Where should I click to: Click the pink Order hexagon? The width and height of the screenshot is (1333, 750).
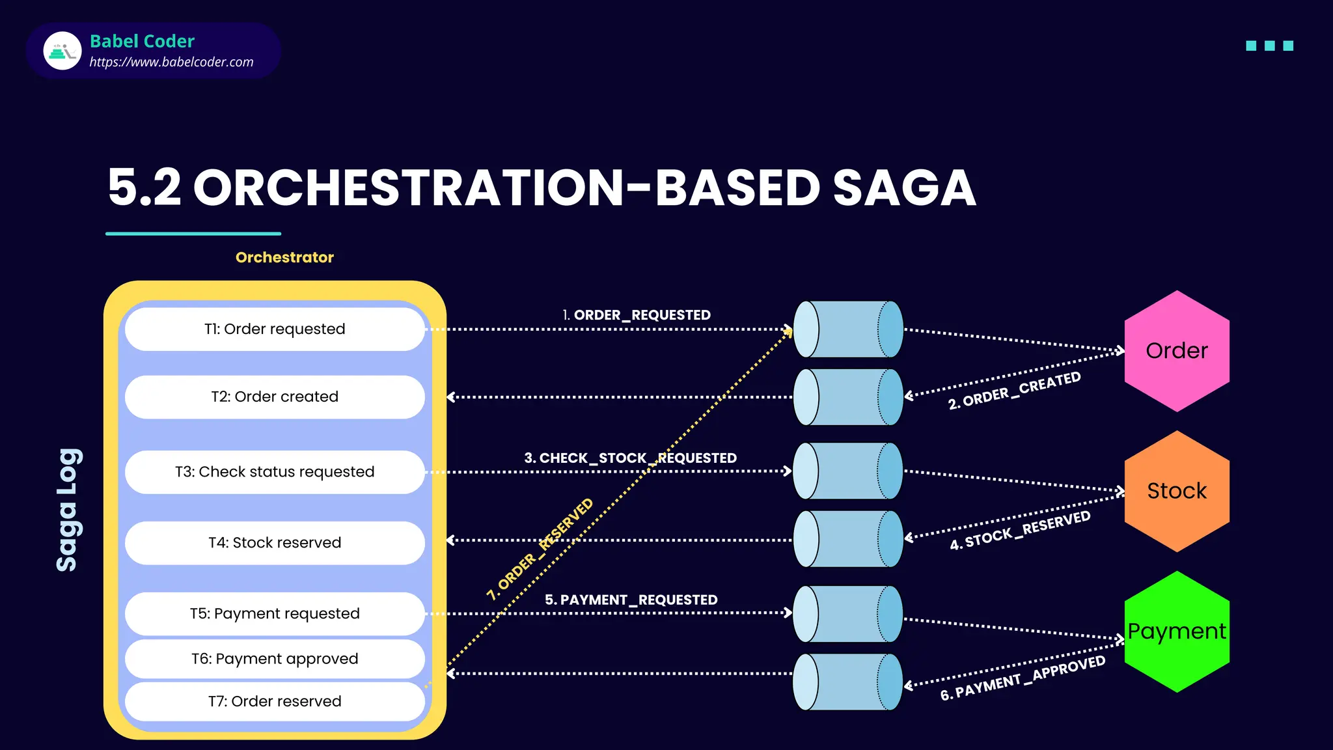tap(1177, 351)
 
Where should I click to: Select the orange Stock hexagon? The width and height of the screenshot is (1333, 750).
tap(1177, 491)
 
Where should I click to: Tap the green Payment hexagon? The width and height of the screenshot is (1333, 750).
tap(1177, 632)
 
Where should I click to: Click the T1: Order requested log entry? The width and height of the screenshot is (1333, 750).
tap(275, 329)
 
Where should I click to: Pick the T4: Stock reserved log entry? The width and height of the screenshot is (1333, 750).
tap(275, 542)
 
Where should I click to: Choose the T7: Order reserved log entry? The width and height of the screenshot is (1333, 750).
tap(275, 701)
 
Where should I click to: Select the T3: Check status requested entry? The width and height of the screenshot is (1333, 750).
tap(275, 471)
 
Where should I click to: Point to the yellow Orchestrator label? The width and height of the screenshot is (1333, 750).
tap(284, 257)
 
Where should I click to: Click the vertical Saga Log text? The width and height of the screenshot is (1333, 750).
tap(68, 510)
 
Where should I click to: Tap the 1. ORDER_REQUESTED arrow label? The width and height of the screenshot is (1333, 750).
tap(636, 315)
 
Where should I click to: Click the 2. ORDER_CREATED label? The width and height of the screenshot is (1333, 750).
tap(1014, 391)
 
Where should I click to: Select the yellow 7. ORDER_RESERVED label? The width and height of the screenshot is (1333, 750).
tap(540, 549)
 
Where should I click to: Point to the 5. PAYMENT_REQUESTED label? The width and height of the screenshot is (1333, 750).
tap(631, 600)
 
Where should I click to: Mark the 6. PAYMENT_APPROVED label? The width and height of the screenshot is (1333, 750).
tap(1023, 678)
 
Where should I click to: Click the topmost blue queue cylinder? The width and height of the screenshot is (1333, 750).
tap(847, 329)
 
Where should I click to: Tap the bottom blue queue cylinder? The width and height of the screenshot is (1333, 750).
tap(847, 682)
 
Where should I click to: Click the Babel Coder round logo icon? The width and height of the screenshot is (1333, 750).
tap(62, 51)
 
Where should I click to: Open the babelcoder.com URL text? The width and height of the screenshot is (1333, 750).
tap(171, 62)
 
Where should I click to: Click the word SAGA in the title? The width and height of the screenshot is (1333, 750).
tap(904, 188)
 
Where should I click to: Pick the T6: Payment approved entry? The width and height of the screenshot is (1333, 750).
tap(275, 659)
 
